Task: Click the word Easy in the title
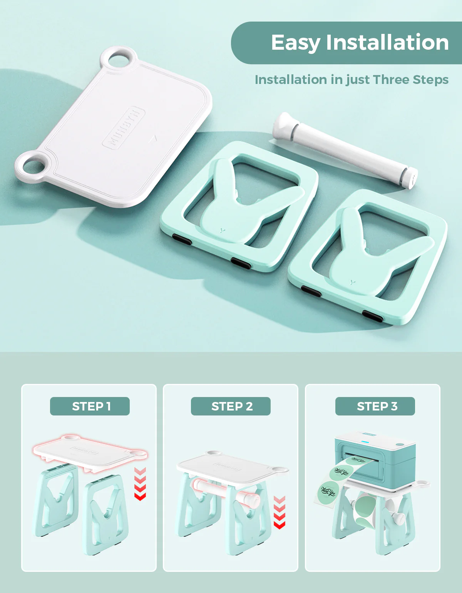click(295, 43)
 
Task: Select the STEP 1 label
click(90, 406)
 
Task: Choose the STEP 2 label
click(231, 406)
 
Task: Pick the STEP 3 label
click(375, 406)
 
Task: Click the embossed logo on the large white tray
click(124, 128)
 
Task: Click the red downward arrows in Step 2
click(280, 512)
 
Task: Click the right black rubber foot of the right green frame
click(373, 317)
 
